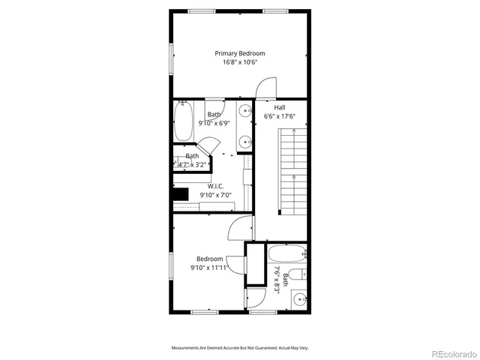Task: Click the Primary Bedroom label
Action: coord(239,53)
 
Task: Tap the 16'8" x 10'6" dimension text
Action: coord(239,62)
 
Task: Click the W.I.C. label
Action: coord(215,186)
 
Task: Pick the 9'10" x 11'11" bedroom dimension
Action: coord(210,267)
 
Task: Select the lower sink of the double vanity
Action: coord(246,140)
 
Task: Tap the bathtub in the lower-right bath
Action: coord(286,253)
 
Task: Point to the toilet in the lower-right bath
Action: coord(298,274)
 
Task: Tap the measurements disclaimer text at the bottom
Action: coord(240,348)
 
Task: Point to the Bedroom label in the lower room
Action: coord(210,259)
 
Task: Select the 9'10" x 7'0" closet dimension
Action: coord(215,195)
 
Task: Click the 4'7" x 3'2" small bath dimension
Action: coord(192,164)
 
